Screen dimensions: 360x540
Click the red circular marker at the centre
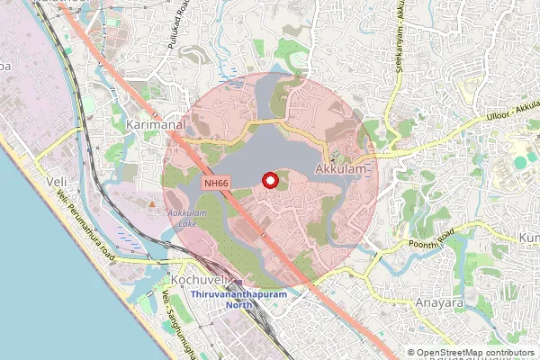[268, 181]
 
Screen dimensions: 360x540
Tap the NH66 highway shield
[213, 183]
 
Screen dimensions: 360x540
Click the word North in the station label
[238, 305]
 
